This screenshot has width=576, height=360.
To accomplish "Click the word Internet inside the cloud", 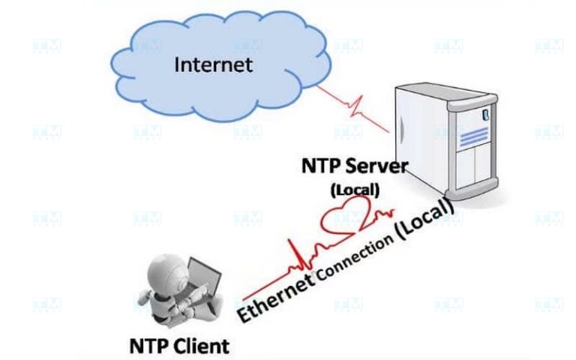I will [x=213, y=64].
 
